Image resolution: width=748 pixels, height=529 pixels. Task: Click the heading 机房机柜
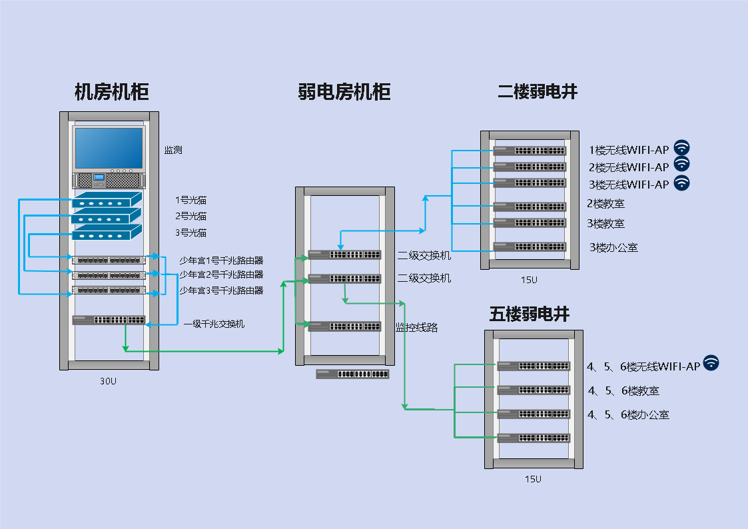pos(111,92)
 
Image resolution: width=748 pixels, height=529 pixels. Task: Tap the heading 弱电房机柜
pos(344,92)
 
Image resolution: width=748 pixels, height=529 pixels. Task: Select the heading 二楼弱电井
pos(537,92)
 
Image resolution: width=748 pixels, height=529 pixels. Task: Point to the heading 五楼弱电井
pos(530,314)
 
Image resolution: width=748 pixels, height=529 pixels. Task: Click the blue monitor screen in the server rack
pos(109,148)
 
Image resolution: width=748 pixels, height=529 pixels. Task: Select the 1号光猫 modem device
pos(107,199)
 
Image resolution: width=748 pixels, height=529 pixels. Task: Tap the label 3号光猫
pos(191,233)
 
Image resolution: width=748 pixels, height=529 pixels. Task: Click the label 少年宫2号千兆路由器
pos(221,274)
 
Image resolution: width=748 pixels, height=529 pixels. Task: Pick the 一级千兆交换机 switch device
pos(109,320)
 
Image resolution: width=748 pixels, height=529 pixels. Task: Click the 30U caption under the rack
pos(108,381)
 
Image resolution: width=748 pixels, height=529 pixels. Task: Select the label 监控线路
pos(416,327)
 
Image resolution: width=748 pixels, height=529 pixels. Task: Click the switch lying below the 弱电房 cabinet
pos(352,374)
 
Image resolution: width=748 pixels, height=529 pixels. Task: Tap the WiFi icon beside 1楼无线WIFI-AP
pos(681,148)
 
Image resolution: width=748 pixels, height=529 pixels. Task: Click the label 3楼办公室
pos(613,248)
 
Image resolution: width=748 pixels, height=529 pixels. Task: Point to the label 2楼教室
pos(605,204)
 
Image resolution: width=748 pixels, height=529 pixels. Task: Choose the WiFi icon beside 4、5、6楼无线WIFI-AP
pos(711,363)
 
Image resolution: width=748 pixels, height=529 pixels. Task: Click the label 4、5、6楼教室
pos(623,390)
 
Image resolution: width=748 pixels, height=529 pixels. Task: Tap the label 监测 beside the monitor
pos(173,150)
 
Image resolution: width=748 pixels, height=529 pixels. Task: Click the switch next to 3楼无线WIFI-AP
pos(530,183)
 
